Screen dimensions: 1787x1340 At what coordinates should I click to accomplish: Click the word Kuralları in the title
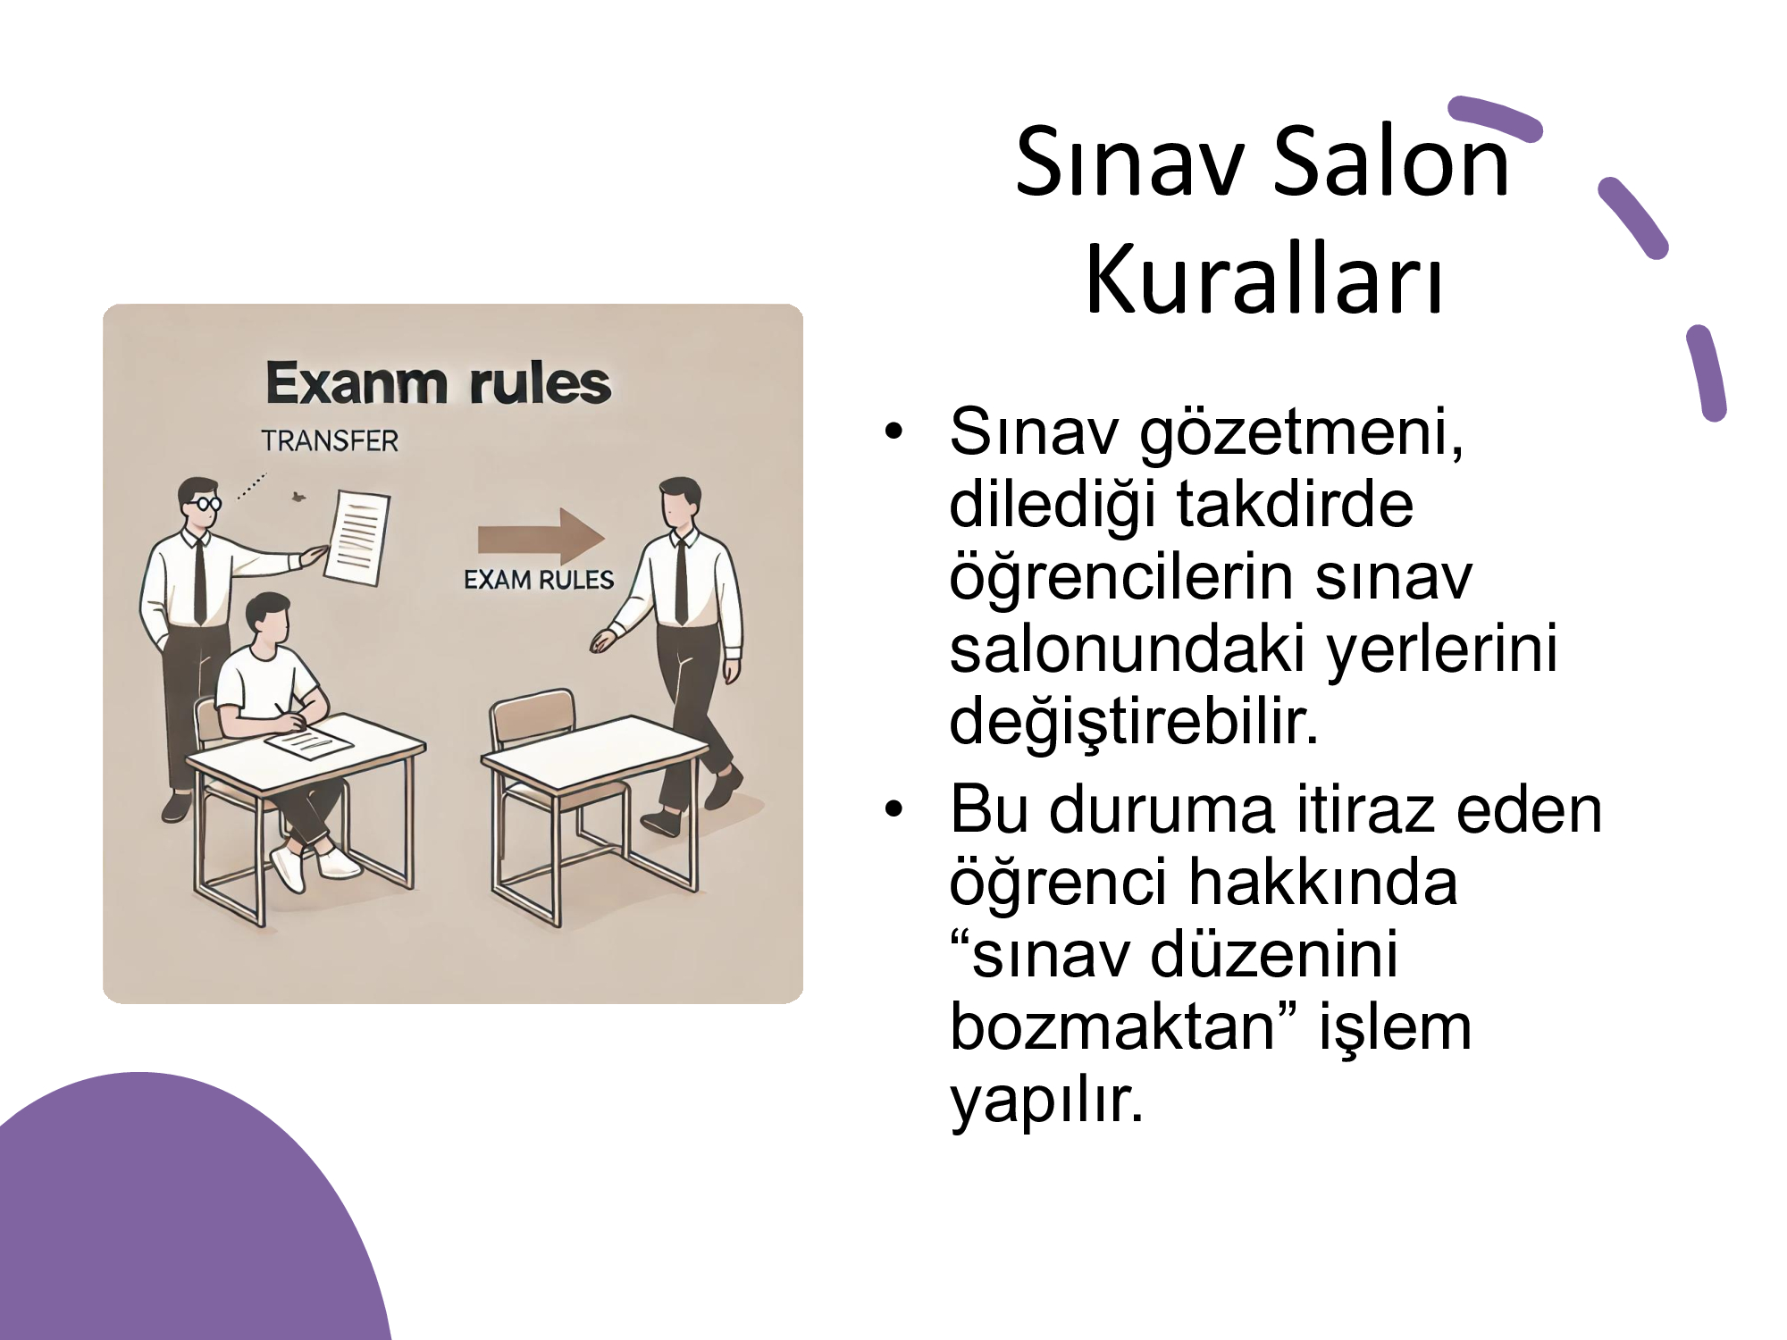pos(1263,279)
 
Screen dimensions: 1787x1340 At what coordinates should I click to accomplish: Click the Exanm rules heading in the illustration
pos(438,383)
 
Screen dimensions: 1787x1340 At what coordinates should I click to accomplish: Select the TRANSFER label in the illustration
pos(330,440)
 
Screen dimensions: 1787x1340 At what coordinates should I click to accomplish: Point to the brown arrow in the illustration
pos(541,539)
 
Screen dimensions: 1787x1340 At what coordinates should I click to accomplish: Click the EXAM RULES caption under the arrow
pos(539,581)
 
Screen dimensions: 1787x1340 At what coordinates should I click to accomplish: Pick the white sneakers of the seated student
pos(313,865)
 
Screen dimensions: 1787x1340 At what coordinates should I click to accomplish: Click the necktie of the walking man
pos(681,580)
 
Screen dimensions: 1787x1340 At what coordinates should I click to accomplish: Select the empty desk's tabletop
pos(594,751)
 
